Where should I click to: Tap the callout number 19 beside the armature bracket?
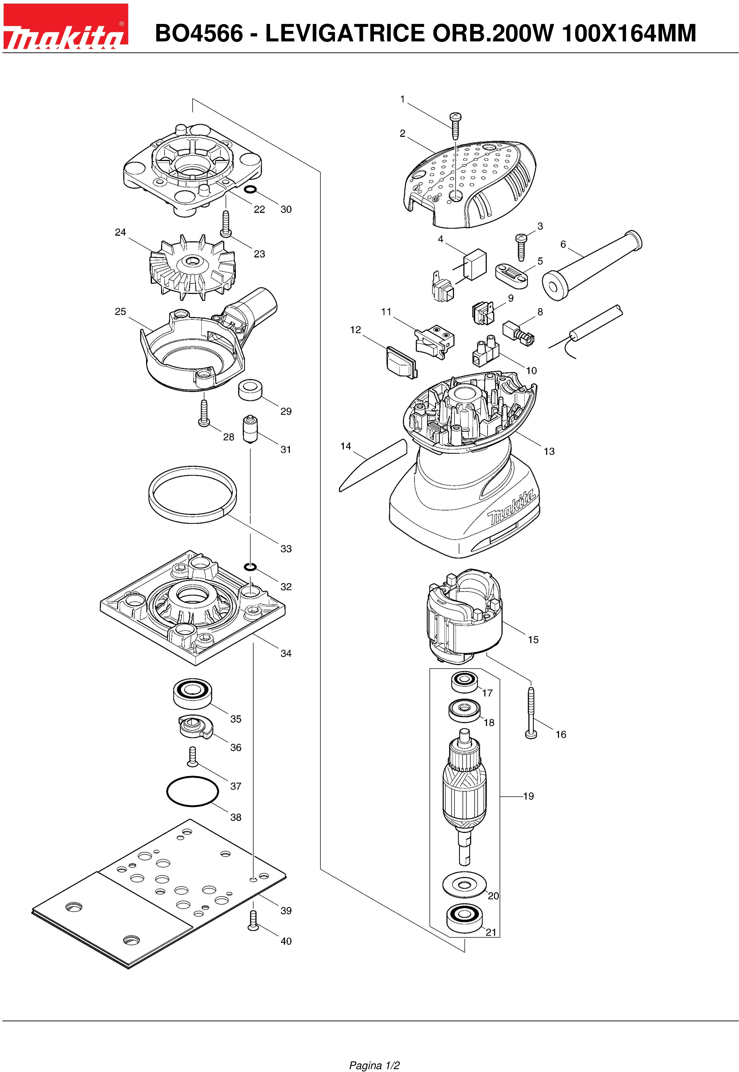coord(528,796)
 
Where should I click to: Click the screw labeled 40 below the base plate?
coord(253,920)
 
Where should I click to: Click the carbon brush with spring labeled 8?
coord(519,331)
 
